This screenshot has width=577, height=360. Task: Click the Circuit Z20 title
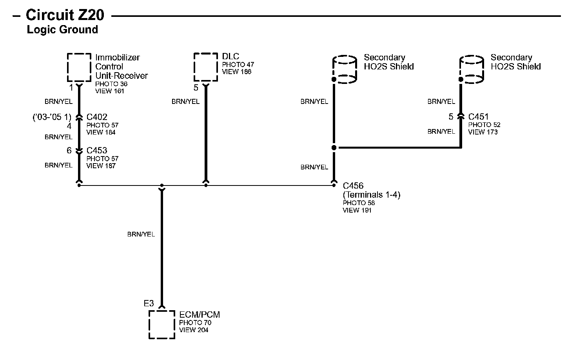tap(65, 15)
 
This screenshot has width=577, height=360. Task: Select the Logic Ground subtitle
tap(62, 30)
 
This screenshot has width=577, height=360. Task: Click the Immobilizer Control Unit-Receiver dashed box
tap(79, 67)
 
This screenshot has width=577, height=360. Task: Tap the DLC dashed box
tap(206, 67)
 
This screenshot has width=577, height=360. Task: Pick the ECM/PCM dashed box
tap(161, 324)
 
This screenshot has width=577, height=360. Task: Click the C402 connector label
tap(97, 117)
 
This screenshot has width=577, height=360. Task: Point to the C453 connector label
tap(97, 150)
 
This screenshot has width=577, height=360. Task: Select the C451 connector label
tap(478, 116)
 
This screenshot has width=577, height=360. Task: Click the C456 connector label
tap(353, 186)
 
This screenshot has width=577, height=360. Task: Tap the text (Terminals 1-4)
tap(372, 195)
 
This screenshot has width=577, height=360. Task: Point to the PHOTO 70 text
tap(195, 323)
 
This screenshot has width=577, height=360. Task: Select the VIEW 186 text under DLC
tap(236, 72)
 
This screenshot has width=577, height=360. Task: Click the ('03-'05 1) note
tap(52, 117)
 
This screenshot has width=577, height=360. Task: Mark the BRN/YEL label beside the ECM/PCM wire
tap(141, 234)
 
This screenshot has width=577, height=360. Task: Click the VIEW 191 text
tap(357, 210)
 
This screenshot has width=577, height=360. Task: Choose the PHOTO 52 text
tap(484, 125)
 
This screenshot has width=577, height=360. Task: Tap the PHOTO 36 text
tap(111, 84)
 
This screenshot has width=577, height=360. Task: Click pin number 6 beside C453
tap(69, 150)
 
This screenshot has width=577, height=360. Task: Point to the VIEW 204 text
tap(194, 330)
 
